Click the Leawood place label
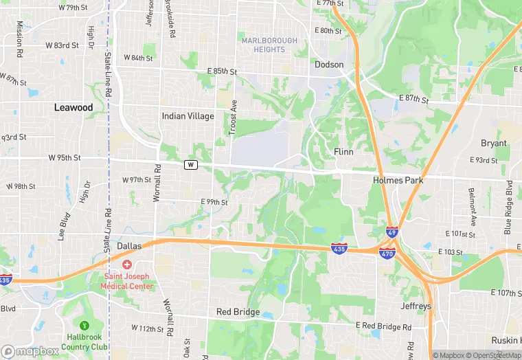pos(73,108)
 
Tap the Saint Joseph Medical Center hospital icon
pos(127,265)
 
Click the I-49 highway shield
pos(392,232)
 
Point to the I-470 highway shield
pos(387,253)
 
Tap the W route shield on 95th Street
pos(190,165)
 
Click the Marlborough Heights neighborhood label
pos(269,45)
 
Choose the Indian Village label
pos(188,116)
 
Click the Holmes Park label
pos(398,180)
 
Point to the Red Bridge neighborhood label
pos(238,312)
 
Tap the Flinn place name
pos(343,151)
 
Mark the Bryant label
pos(494,144)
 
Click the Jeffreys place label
pos(416,306)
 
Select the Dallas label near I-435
pos(129,245)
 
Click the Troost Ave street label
pos(234,116)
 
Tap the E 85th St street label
pos(221,71)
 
